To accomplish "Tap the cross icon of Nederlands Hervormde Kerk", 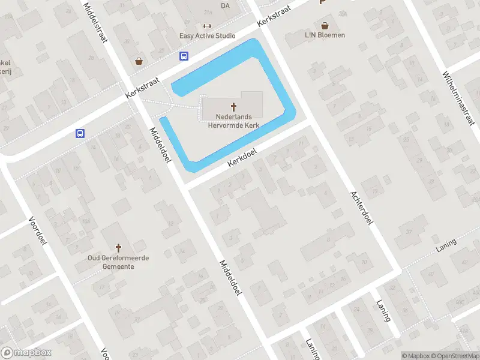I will [233, 106].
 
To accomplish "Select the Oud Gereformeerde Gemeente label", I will [118, 262].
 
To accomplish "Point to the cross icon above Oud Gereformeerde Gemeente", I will [118, 247].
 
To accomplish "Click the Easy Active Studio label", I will [207, 36].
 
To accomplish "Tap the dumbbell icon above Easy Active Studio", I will [207, 25].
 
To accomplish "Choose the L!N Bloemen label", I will [325, 35].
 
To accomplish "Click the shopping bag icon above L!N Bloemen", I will [325, 25].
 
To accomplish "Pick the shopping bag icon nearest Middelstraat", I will [139, 61].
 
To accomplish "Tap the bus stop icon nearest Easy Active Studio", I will [184, 56].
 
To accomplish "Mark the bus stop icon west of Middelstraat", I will [80, 134].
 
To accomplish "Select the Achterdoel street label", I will [362, 207].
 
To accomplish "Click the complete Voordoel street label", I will [37, 231].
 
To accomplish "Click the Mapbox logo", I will [26, 353].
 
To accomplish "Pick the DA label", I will [225, 6].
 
